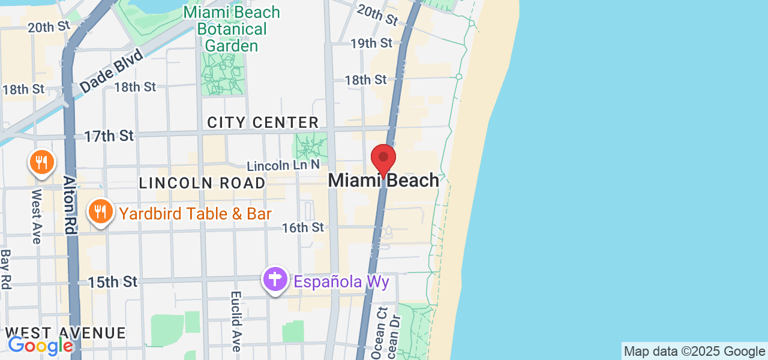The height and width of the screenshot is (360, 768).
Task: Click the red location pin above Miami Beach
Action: pos(383,159)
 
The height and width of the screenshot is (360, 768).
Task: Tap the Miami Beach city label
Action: pos(383,180)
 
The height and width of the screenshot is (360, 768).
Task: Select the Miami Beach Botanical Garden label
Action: pos(232,29)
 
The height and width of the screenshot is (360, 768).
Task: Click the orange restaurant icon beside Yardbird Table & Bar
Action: pos(101,212)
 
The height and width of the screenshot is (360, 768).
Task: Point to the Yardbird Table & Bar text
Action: pos(196,214)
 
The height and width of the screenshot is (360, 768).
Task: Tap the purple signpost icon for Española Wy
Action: pos(275,280)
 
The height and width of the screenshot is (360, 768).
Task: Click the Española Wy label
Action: pos(341,281)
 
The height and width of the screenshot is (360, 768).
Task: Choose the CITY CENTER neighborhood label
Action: pos(263,122)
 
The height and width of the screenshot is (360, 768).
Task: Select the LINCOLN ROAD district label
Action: pos(202,183)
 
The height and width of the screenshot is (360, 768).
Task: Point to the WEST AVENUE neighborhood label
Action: pos(66,333)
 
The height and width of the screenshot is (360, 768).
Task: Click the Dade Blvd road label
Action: pos(112,71)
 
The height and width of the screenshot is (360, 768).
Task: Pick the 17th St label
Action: pos(109,136)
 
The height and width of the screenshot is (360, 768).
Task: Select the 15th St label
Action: pos(113,281)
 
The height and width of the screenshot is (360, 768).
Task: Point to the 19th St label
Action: pos(371,43)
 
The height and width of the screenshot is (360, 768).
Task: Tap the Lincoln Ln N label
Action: pos(284,165)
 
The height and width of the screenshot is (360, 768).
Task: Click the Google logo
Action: pos(40,345)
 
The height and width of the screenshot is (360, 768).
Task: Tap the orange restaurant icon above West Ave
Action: pos(41,163)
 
